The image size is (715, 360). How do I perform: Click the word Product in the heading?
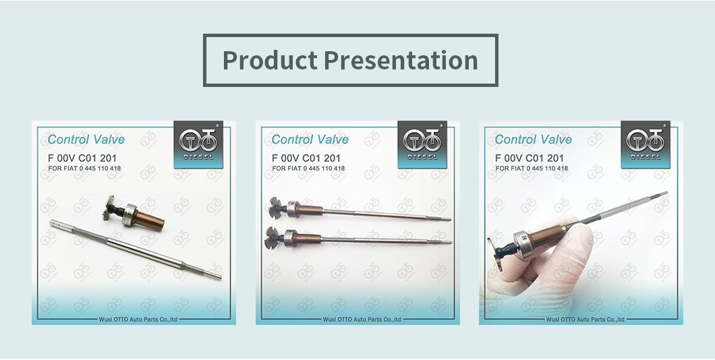point(270,60)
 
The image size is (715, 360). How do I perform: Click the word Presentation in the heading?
point(401,60)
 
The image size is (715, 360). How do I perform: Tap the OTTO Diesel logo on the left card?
point(198,144)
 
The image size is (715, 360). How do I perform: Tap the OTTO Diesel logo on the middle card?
point(422,144)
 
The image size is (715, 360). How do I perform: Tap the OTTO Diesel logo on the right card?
point(646,144)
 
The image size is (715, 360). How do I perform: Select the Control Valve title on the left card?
point(86,140)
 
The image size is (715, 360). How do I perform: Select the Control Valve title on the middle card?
point(310,140)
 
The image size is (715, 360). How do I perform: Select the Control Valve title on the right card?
point(534,140)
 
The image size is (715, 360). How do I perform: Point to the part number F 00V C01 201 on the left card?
point(82,158)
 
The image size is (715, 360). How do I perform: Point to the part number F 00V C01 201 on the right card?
point(530,158)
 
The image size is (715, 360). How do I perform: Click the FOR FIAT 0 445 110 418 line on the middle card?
point(308,169)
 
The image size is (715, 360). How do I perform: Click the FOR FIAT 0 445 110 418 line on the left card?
point(84,169)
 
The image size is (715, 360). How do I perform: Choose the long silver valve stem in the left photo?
point(136,249)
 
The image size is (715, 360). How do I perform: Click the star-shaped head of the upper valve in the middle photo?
point(277,208)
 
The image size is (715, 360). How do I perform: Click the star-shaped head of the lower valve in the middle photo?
point(273,238)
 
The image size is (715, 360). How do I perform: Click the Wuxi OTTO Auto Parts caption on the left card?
point(138,320)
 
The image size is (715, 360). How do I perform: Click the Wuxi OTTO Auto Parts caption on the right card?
point(585,320)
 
